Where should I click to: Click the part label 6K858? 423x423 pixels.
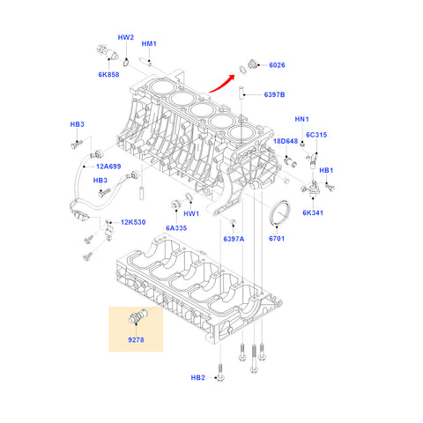point(108,75)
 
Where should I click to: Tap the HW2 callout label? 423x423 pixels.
point(126,37)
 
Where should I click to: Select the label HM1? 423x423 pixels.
point(149,44)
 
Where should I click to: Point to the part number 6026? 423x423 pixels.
point(277,65)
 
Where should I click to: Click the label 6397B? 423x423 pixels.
point(274,94)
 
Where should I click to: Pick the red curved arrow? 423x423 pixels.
point(222,84)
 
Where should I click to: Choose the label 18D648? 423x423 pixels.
point(286,141)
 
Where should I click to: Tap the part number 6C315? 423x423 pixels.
point(316,135)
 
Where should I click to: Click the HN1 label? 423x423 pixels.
point(301,119)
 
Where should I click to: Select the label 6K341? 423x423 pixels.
point(313,212)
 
